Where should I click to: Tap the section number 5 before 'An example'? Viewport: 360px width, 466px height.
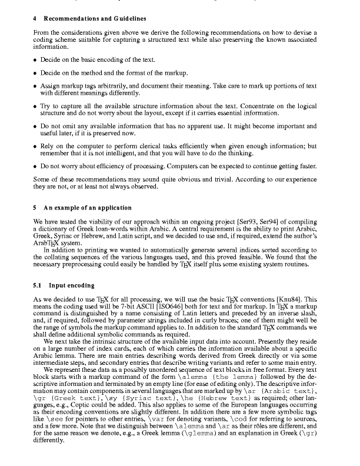(35, 208)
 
